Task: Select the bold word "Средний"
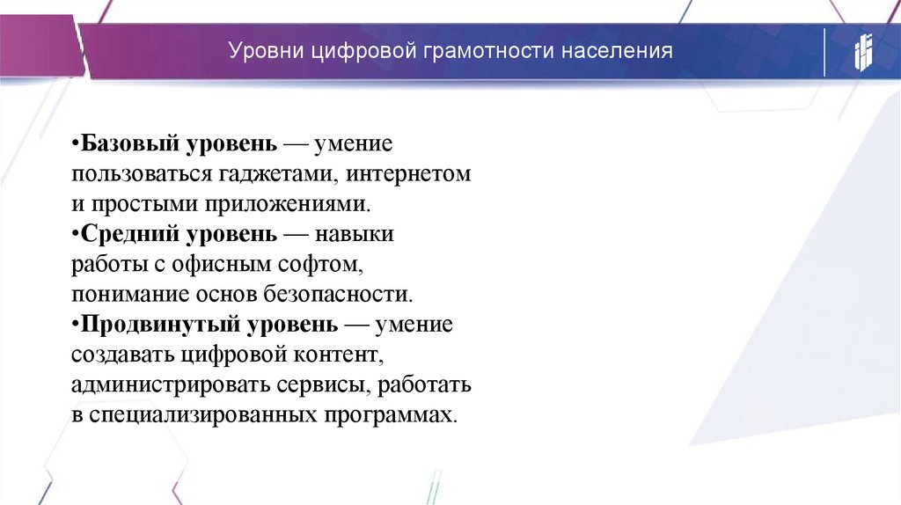[x=128, y=235]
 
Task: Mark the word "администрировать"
[x=162, y=385]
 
